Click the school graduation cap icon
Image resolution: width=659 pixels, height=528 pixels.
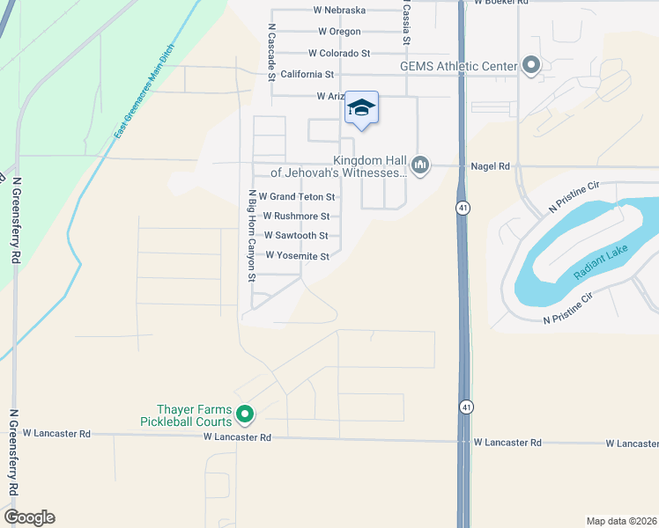click(x=361, y=108)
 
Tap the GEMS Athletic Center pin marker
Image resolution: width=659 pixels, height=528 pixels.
click(x=530, y=64)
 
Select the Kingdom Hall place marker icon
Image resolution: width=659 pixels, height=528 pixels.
click(x=420, y=165)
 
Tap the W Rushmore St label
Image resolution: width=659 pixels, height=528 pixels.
click(x=296, y=216)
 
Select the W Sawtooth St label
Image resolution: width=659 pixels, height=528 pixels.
click(x=296, y=236)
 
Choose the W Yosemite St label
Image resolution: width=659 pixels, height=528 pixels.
click(x=296, y=257)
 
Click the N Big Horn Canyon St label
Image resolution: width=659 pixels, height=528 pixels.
click(x=252, y=235)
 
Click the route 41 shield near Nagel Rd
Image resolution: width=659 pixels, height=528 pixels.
click(x=463, y=208)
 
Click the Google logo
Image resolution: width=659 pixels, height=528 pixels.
click(x=29, y=517)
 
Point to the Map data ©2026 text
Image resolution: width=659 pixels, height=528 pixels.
click(x=621, y=521)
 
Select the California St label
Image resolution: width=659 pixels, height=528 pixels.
click(x=307, y=75)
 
